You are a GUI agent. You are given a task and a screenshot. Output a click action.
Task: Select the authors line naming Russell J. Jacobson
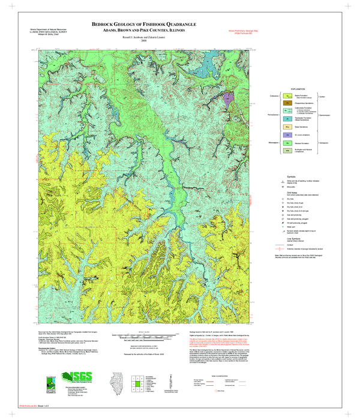tap(143, 37)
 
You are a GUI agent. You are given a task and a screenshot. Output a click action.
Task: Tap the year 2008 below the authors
tap(143, 41)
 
